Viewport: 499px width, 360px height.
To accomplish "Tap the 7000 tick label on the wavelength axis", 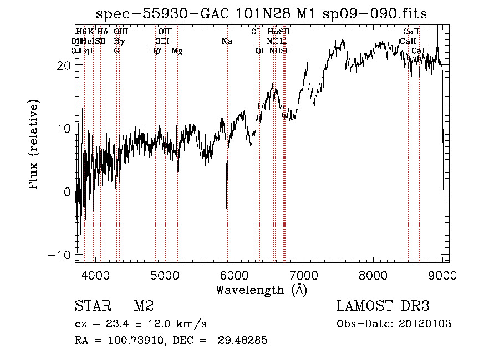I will [x=304, y=275].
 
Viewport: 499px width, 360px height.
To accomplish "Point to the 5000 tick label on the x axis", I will [x=165, y=275].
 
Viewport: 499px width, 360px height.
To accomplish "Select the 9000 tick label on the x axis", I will [x=442, y=275].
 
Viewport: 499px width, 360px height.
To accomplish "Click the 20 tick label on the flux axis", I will [x=63, y=65].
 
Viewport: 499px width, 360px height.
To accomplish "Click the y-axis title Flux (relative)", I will [x=34, y=144].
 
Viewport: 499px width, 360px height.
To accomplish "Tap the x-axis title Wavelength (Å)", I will [x=261, y=290].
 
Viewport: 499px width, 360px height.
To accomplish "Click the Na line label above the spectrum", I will [x=226, y=41].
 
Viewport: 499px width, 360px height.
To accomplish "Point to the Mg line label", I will [x=177, y=51].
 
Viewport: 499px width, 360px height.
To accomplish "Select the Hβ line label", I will [x=155, y=51].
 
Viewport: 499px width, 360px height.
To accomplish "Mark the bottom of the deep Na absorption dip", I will [x=226, y=206].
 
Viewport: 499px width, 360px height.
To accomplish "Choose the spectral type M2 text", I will [x=144, y=306].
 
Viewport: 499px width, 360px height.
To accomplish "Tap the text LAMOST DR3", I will [x=383, y=306].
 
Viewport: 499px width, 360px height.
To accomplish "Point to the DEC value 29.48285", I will [x=243, y=341].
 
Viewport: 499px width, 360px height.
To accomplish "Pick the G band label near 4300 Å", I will [x=116, y=51].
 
